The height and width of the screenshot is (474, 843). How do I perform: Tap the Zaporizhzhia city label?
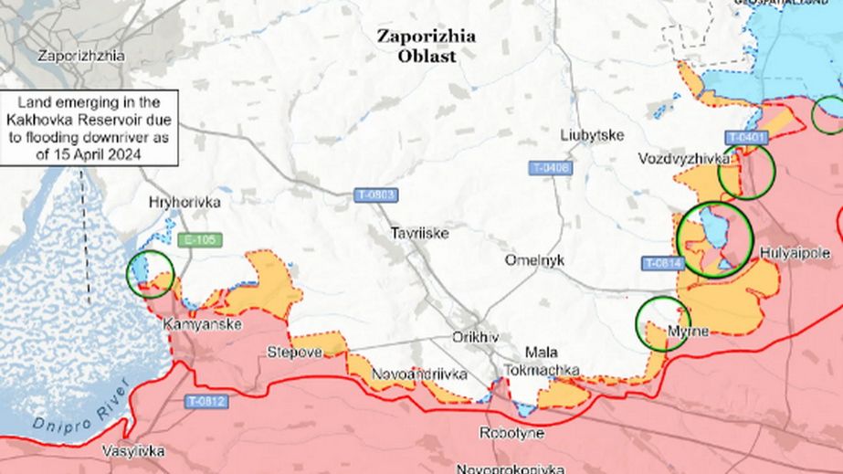[80, 55]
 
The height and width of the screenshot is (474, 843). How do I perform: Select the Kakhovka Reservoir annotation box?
[90, 128]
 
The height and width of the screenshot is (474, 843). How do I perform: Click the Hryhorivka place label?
[186, 202]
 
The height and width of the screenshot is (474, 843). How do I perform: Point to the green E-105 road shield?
[200, 240]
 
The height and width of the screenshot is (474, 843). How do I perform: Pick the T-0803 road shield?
[377, 195]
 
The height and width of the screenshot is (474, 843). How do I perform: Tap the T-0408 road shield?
[550, 168]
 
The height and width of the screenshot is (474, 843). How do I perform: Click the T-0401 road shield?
[746, 138]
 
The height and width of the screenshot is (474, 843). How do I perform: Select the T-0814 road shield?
[663, 263]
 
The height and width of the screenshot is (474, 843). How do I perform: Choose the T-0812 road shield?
[206, 401]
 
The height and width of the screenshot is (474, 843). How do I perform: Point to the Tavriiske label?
[419, 233]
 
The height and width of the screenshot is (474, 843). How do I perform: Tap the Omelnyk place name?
[534, 260]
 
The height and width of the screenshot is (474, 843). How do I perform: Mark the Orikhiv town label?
[476, 337]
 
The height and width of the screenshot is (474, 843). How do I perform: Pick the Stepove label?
[294, 352]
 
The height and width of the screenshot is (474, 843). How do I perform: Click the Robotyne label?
[511, 433]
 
